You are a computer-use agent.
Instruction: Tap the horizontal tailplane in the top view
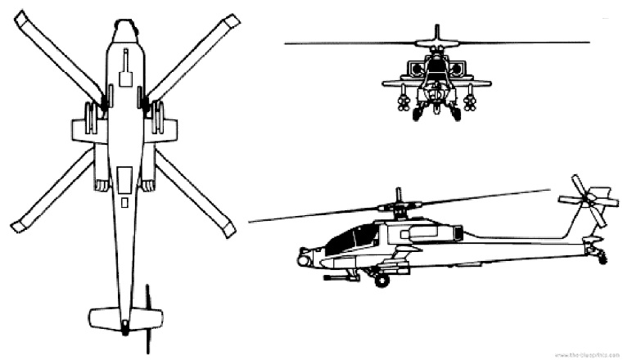tap(124, 317)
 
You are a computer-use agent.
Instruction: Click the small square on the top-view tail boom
tap(124, 201)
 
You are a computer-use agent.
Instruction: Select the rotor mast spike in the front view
tap(436, 33)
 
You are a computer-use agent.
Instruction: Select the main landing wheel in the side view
tap(381, 281)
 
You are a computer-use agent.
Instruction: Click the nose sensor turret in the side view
tap(305, 260)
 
